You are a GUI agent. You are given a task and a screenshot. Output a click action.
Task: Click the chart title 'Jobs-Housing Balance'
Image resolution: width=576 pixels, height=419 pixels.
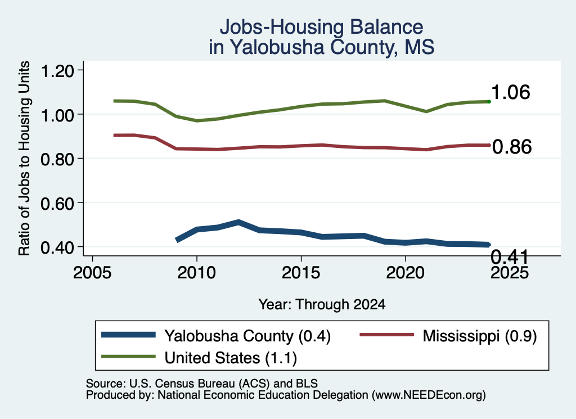(321, 27)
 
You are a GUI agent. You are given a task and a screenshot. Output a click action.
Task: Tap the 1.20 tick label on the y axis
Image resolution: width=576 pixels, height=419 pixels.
(57, 70)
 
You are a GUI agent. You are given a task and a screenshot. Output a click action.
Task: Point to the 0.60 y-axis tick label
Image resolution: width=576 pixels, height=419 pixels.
(57, 203)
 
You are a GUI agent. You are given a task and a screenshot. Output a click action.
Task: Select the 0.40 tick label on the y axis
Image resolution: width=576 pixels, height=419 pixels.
(57, 247)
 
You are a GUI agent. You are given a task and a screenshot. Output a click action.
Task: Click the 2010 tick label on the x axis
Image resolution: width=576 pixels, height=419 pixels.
(196, 273)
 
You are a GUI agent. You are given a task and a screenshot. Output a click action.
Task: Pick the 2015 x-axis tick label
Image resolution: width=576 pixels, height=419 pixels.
(301, 273)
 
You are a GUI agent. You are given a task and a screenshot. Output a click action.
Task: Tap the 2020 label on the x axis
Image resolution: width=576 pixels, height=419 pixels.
(405, 273)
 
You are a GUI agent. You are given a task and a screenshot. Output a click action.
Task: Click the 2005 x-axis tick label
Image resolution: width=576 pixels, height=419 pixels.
(92, 273)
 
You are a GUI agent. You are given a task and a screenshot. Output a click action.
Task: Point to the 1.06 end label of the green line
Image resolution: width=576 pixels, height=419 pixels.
(511, 92)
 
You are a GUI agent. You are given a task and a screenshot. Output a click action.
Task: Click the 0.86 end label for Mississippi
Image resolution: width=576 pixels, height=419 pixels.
(512, 147)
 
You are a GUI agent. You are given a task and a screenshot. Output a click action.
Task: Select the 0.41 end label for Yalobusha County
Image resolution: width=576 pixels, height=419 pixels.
(510, 256)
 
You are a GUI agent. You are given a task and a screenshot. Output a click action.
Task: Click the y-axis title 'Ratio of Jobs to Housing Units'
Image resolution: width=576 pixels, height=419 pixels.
(24, 158)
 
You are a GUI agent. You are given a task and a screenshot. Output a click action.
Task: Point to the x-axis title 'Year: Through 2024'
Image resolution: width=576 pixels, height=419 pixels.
(322, 304)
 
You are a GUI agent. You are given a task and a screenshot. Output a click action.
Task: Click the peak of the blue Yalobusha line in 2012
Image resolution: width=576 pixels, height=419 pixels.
(238, 223)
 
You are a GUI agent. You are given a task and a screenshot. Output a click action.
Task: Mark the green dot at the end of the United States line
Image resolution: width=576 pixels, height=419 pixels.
(489, 101)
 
